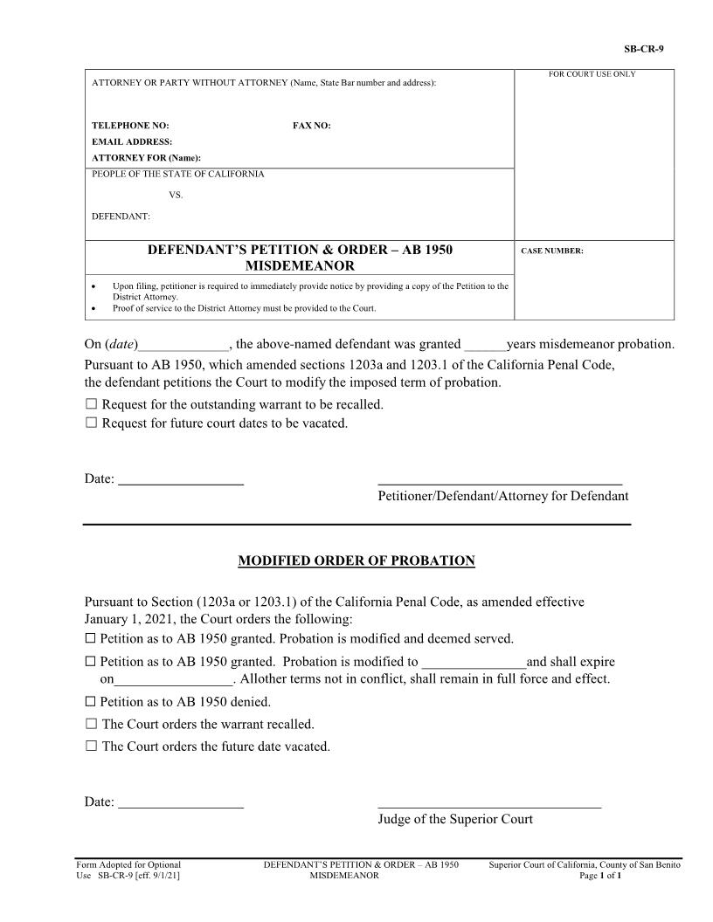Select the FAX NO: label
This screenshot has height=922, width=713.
tap(311, 126)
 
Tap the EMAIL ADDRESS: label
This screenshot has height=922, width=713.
tap(132, 141)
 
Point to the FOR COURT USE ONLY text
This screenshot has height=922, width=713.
tap(592, 74)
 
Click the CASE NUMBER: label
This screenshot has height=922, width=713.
tap(551, 251)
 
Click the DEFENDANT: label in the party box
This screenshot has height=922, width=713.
tap(121, 215)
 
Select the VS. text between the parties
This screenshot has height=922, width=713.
tap(176, 195)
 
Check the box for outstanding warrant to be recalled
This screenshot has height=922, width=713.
tap(91, 404)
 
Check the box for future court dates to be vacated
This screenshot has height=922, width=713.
tap(91, 423)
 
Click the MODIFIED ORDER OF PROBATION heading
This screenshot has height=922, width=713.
tap(356, 561)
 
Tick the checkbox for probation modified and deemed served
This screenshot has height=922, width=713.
tap(90, 638)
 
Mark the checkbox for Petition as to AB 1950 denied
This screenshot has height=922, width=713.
tap(90, 701)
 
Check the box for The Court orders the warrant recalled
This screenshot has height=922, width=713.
tap(91, 724)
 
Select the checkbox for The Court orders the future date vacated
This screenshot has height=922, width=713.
tap(91, 747)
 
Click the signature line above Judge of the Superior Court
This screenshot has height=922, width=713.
tap(489, 807)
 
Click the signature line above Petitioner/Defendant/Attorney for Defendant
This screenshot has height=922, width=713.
tap(500, 482)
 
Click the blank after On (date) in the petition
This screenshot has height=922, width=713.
tap(183, 345)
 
